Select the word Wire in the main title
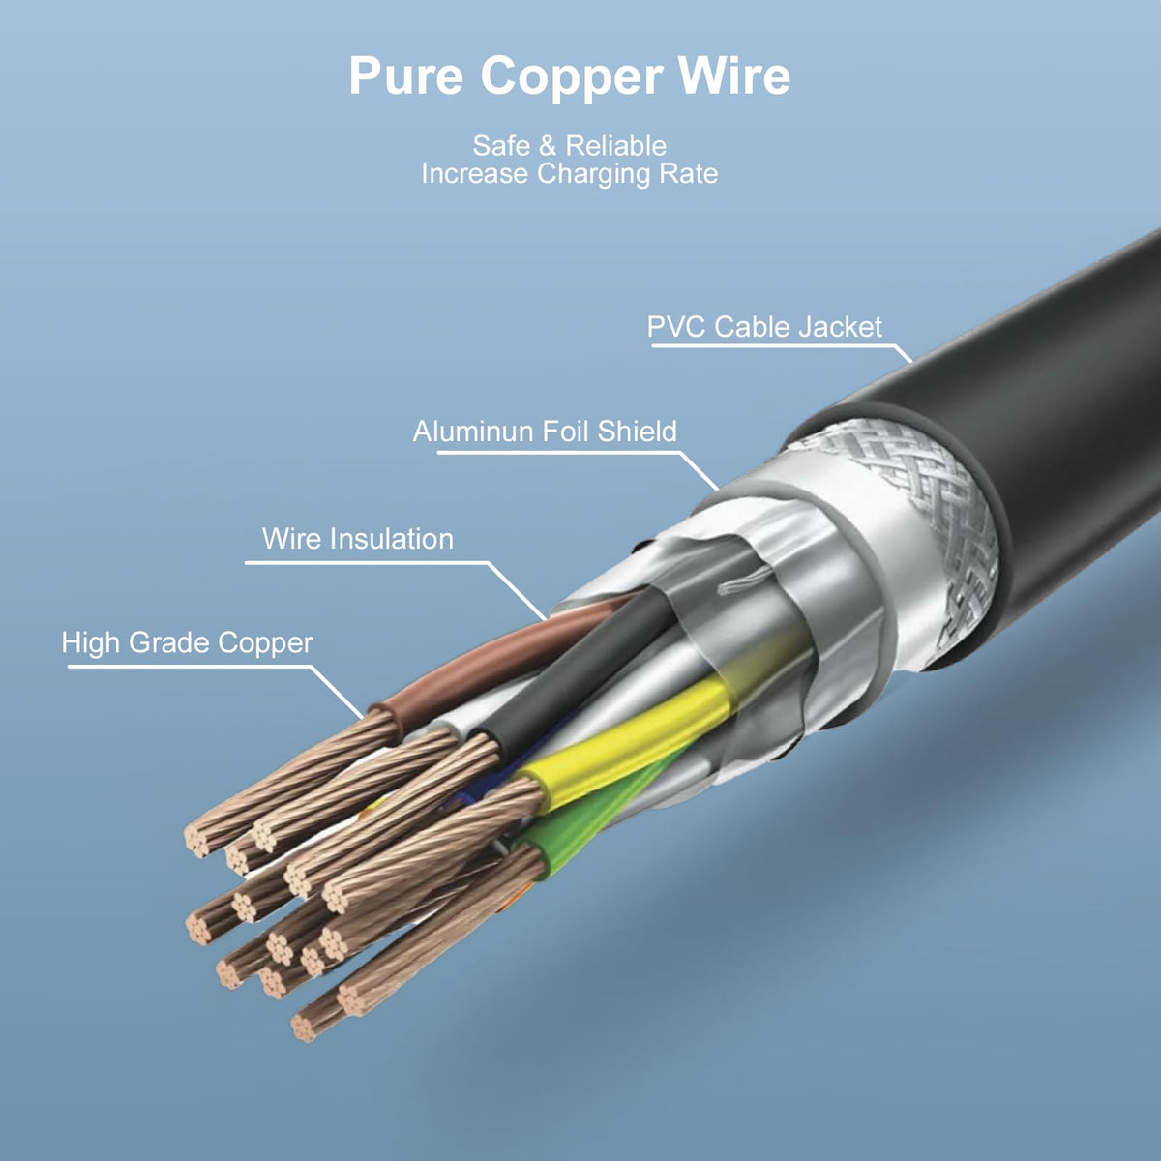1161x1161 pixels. [733, 76]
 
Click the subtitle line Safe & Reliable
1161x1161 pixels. [569, 146]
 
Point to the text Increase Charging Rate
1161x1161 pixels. [569, 174]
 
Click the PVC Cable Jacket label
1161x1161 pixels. [764, 327]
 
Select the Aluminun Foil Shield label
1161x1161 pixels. [545, 432]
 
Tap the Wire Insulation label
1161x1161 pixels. [357, 539]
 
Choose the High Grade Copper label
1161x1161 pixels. [187, 642]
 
